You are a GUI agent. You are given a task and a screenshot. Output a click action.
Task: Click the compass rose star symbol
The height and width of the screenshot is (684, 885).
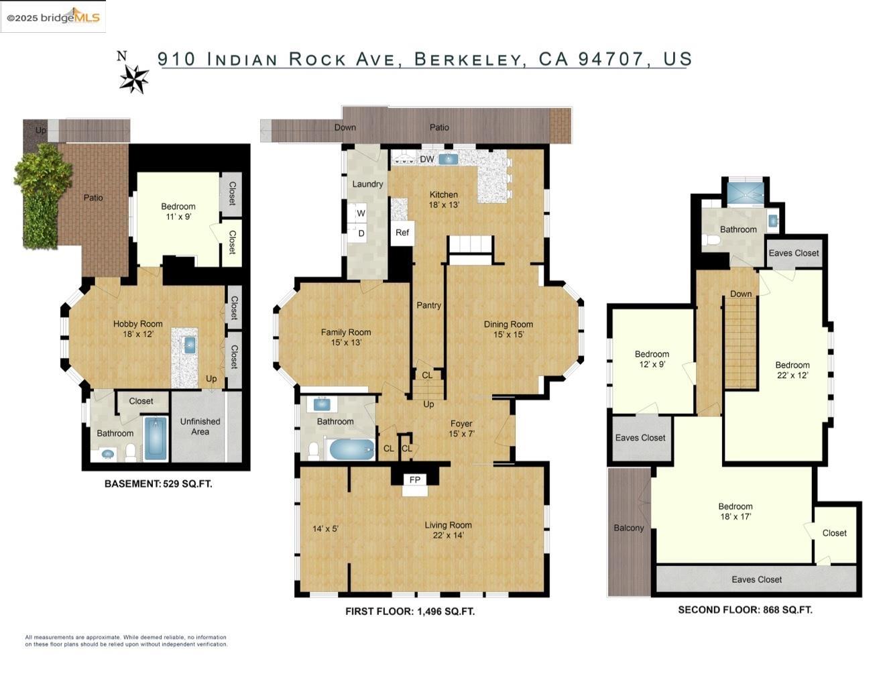[134, 78]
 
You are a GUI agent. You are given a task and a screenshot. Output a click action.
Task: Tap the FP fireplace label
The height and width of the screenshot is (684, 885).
[414, 479]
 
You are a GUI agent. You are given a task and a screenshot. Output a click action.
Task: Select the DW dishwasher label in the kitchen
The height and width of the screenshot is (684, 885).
[427, 159]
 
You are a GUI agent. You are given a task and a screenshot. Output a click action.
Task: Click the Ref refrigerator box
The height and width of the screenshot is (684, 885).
[402, 233]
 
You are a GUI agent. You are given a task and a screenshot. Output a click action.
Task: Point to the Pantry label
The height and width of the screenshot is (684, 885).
[428, 305]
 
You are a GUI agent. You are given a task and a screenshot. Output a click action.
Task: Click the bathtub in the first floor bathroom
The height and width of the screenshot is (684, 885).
[351, 449]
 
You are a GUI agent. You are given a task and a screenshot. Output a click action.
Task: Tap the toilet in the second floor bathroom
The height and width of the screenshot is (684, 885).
[710, 239]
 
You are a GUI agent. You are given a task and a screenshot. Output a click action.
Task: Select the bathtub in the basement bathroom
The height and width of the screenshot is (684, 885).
[156, 439]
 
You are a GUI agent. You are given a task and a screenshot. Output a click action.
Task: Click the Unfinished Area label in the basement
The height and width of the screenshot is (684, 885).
[200, 426]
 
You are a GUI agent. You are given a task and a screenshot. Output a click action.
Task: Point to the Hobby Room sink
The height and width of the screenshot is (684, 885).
[189, 345]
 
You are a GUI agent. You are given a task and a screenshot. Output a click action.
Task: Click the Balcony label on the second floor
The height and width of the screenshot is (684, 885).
[628, 528]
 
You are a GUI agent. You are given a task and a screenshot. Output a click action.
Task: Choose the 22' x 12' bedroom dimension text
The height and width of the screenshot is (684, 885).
[792, 376]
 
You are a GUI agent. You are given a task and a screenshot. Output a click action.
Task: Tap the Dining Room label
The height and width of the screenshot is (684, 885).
[508, 325]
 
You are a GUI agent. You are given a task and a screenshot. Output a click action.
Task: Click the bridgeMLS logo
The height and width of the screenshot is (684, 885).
[54, 17]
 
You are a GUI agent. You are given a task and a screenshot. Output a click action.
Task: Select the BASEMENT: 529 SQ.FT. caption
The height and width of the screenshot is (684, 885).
[158, 483]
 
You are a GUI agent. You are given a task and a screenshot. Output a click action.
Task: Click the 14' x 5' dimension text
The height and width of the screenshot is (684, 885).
[325, 529]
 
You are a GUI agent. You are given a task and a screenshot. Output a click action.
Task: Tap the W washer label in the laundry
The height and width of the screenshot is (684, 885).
[361, 213]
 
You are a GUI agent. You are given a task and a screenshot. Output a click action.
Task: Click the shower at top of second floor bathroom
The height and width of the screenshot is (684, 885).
[745, 193]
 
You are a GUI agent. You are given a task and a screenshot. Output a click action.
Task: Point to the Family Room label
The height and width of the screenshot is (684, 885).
[346, 332]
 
